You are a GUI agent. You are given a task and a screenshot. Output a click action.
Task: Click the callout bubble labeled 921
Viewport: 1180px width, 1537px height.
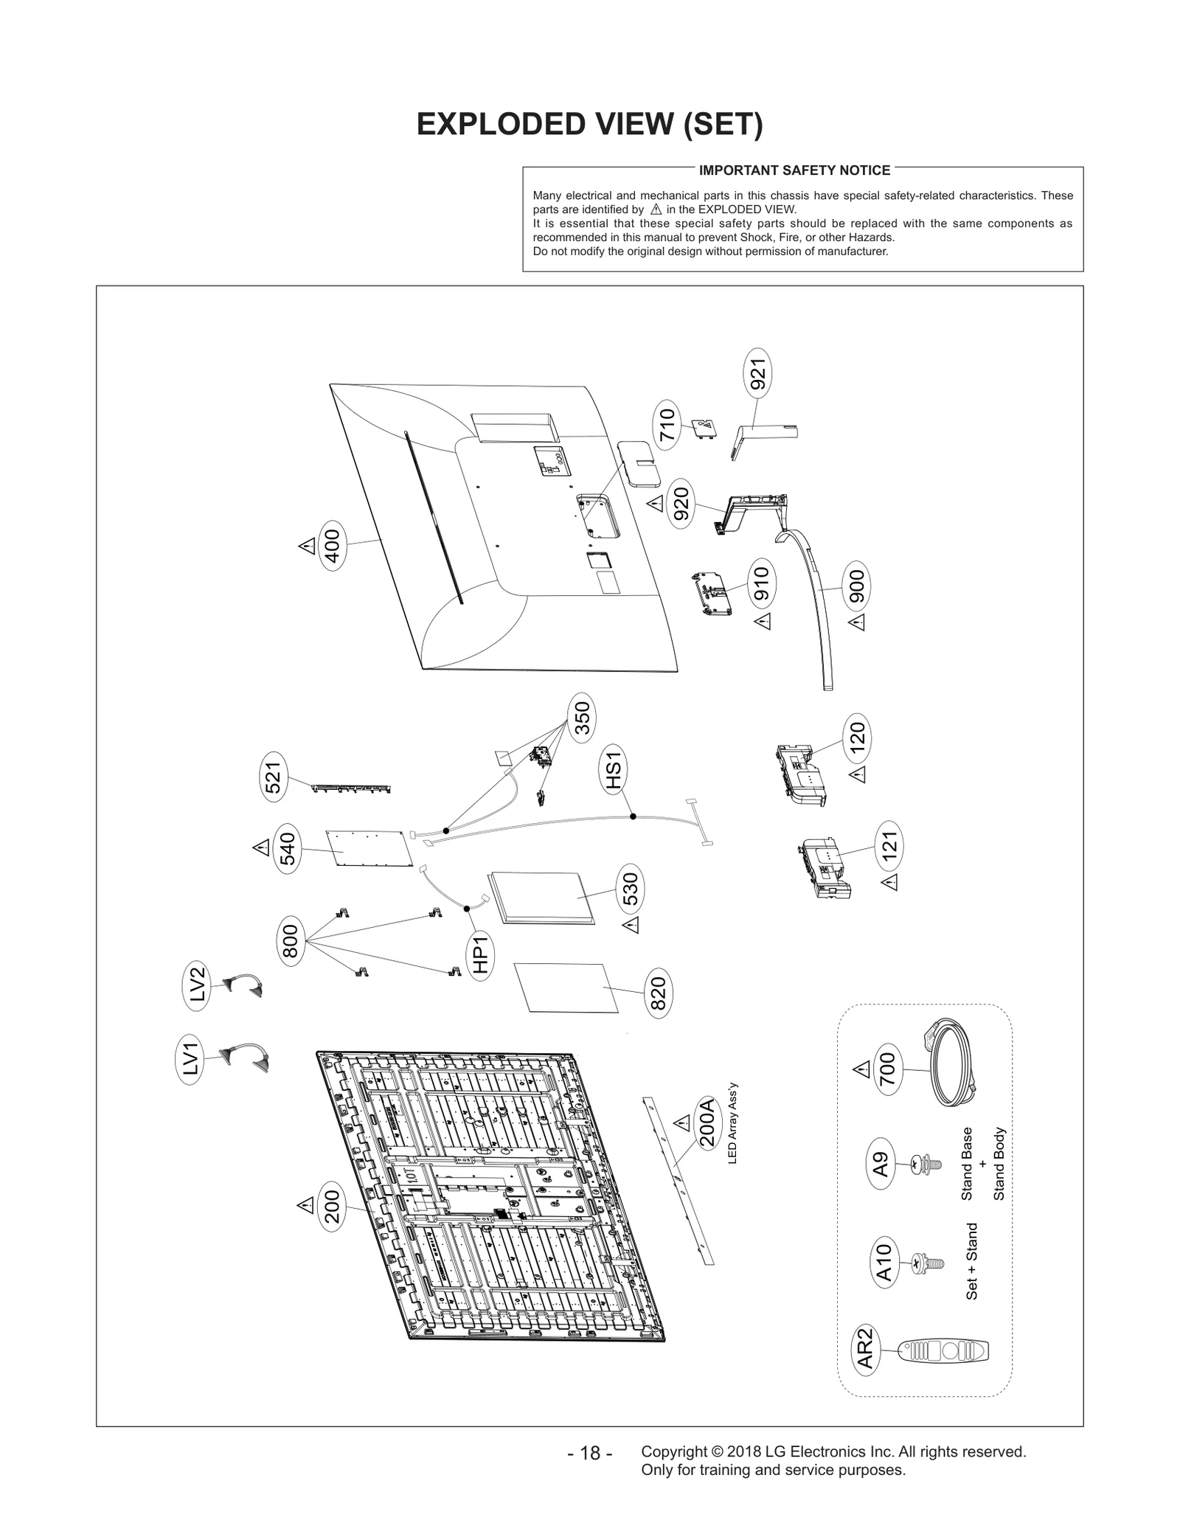757,374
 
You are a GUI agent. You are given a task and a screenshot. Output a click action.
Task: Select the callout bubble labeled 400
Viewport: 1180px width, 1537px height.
333,546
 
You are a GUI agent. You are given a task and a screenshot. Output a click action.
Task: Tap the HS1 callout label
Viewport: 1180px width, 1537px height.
614,767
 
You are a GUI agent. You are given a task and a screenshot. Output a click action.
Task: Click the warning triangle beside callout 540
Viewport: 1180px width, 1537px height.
261,847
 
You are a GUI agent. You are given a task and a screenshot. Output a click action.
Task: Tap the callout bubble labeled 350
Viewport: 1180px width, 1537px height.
582,718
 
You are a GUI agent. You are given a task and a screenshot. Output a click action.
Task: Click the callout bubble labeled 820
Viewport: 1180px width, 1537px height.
658,993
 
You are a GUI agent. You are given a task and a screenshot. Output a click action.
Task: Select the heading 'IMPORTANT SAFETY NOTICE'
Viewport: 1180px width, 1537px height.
794,170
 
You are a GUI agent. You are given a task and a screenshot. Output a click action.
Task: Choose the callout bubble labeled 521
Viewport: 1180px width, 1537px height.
274,777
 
